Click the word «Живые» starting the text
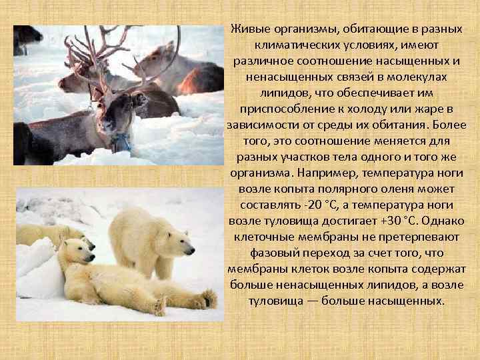point(248,29)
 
